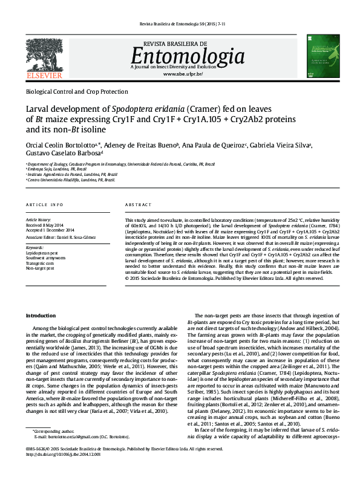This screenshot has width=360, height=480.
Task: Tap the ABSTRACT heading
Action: (138, 206)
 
